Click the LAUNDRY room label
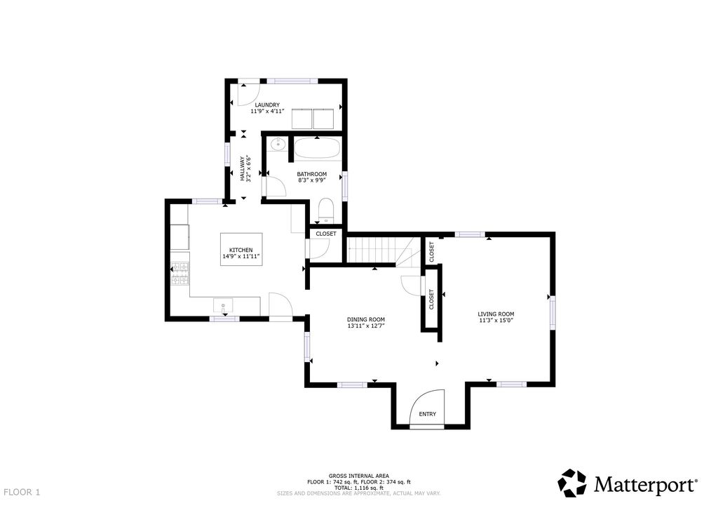point(267,105)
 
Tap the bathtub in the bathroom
point(317,149)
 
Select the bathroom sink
point(277,145)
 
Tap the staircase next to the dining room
point(372,250)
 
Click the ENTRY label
point(427,414)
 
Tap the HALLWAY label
point(243,169)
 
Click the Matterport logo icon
point(571,483)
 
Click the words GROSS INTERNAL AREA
point(358,476)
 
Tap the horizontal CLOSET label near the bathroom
point(326,234)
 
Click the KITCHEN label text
point(241,250)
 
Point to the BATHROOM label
point(311,174)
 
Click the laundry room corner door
point(246,92)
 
